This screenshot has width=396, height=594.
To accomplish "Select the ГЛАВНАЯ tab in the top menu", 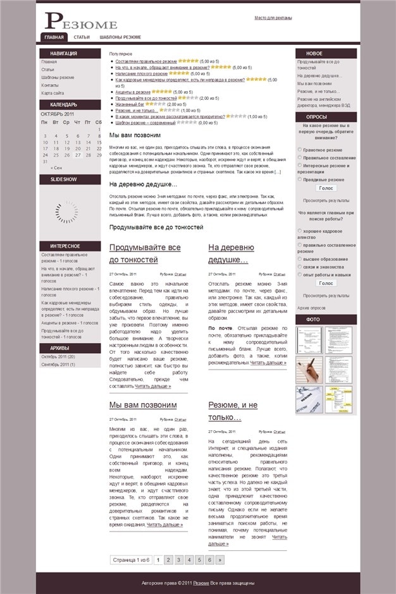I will click(x=53, y=37).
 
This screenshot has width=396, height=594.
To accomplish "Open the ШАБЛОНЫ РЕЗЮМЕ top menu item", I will click(x=120, y=37).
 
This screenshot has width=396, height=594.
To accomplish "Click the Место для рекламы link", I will click(x=273, y=18).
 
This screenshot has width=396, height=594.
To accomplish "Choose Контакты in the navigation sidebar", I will click(x=50, y=85).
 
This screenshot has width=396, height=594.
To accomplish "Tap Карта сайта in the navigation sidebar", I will click(x=53, y=93).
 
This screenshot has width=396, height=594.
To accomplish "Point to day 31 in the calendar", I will click(x=45, y=161).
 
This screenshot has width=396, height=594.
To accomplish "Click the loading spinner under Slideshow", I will click(x=66, y=213).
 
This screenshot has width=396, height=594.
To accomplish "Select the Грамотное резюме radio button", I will click(x=299, y=150).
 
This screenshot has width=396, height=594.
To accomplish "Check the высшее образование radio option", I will click(x=299, y=258).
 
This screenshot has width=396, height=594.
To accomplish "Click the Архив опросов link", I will click(x=311, y=308).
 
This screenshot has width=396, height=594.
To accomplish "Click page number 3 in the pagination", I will click(x=179, y=560).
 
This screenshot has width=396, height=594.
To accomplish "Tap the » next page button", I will click(x=220, y=560).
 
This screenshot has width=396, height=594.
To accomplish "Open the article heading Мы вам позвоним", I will click(x=143, y=405).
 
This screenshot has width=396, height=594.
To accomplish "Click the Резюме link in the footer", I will click(x=201, y=583).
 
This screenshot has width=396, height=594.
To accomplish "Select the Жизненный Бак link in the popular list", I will click(x=130, y=104).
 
